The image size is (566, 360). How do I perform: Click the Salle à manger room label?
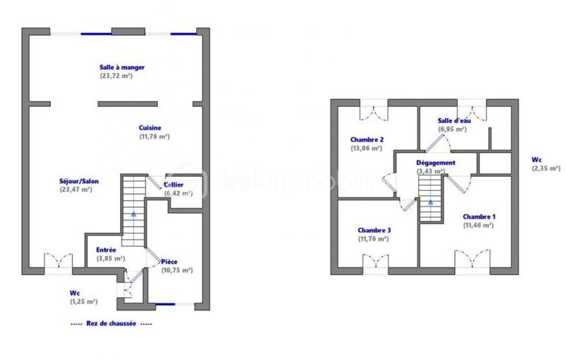click(x=122, y=67)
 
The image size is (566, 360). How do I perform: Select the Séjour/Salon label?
click(x=79, y=182)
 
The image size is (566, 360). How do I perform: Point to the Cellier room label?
click(x=174, y=185)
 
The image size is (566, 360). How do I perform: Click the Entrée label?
click(x=106, y=250)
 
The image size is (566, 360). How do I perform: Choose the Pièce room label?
click(x=169, y=262)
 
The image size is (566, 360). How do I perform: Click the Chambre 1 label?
click(x=479, y=216)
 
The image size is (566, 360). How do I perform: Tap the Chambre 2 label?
click(x=366, y=139)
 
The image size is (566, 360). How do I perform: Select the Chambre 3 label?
click(x=374, y=231)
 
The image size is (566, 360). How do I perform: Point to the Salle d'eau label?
click(x=454, y=121)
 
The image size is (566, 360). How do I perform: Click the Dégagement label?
click(x=435, y=162)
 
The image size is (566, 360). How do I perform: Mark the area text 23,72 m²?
click(x=117, y=76)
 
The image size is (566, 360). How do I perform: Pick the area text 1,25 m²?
click(x=83, y=301)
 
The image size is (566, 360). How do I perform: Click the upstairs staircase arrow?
click(x=429, y=202)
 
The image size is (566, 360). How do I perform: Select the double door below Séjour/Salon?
click(x=57, y=261)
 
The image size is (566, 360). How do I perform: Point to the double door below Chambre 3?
click(x=375, y=262)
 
